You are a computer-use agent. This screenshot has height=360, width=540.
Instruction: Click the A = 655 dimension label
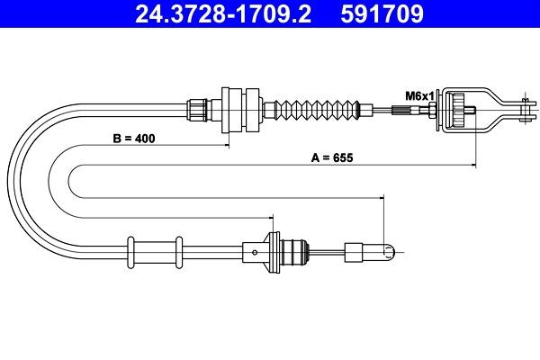point(330,157)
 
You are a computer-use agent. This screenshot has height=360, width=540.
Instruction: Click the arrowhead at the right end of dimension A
point(470,166)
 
